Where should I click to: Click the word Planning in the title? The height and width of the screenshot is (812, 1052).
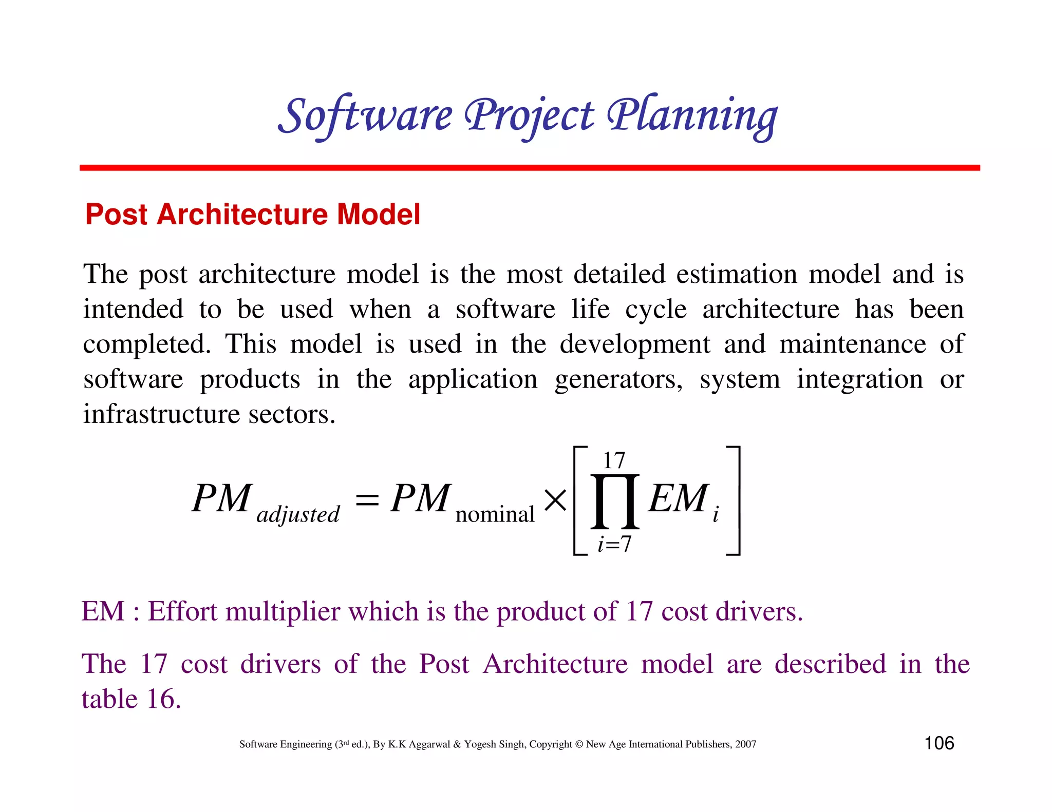point(692,115)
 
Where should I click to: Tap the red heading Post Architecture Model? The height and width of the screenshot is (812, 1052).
point(253,214)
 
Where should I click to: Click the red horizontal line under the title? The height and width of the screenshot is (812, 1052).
point(529,168)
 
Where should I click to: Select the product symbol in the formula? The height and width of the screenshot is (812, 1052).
point(615,501)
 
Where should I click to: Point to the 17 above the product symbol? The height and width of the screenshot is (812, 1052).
point(614,460)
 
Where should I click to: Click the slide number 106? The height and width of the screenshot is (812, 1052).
point(939,743)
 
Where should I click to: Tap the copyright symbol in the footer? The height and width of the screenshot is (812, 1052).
point(579,744)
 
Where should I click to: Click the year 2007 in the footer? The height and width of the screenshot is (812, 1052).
point(745,744)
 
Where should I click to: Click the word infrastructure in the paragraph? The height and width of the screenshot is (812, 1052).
point(161,414)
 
